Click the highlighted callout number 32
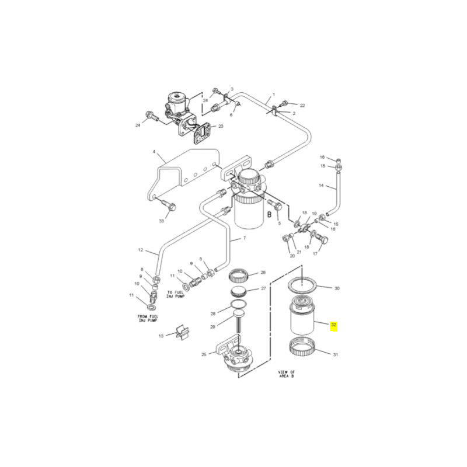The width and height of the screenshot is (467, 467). click(333, 325)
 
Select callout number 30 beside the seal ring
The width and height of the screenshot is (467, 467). click(337, 288)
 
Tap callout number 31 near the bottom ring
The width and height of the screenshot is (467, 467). click(335, 355)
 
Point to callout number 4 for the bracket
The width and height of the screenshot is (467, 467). click(154, 152)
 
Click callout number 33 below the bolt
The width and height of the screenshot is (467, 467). click(162, 221)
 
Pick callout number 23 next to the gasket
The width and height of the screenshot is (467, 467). click(221, 126)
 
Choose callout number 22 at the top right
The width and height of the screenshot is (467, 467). click(302, 106)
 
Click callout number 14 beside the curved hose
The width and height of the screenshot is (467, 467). click(321, 186)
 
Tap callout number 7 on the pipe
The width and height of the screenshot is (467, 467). click(245, 238)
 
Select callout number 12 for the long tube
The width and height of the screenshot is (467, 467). click(141, 250)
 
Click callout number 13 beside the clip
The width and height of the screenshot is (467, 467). click(161, 336)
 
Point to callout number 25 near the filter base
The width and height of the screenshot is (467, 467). click(204, 354)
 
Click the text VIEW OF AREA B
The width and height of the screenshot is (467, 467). click(286, 374)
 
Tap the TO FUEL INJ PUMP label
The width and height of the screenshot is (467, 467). click(176, 294)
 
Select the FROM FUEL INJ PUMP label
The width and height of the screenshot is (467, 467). click(148, 318)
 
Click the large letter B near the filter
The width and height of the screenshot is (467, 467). click(270, 214)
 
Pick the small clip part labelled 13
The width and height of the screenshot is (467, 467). click(182, 332)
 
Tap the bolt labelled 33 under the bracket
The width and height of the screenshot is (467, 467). click(169, 205)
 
